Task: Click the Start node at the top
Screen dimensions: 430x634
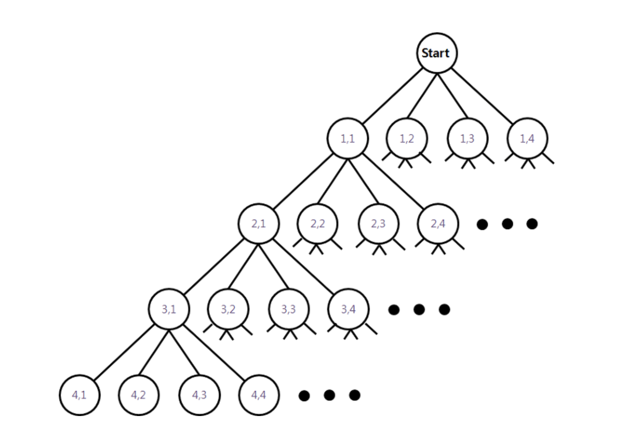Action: click(437, 53)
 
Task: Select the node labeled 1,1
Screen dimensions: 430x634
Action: click(347, 138)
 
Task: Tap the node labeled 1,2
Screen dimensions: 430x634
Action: click(407, 138)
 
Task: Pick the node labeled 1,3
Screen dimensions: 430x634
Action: click(467, 138)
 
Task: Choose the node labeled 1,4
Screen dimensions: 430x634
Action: click(527, 138)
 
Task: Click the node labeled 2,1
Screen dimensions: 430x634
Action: click(259, 223)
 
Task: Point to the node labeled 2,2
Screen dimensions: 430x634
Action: click(318, 223)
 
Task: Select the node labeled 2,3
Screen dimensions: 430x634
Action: click(378, 223)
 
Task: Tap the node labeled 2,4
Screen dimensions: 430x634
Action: click(438, 223)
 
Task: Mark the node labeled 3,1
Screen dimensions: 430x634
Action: click(169, 309)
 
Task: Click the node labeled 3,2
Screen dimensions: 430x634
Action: click(228, 309)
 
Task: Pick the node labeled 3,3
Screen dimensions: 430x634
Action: click(289, 309)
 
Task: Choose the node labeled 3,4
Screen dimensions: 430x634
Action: click(348, 309)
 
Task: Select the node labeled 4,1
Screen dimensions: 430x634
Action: click(79, 395)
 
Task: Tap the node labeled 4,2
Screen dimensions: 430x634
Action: click(139, 395)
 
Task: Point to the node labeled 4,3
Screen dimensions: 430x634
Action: click(199, 395)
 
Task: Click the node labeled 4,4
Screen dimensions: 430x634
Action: click(259, 395)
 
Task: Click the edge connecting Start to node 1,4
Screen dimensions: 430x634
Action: click(482, 96)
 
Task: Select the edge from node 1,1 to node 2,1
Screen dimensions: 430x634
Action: click(303, 181)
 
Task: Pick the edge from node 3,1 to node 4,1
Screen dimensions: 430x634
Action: click(124, 352)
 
